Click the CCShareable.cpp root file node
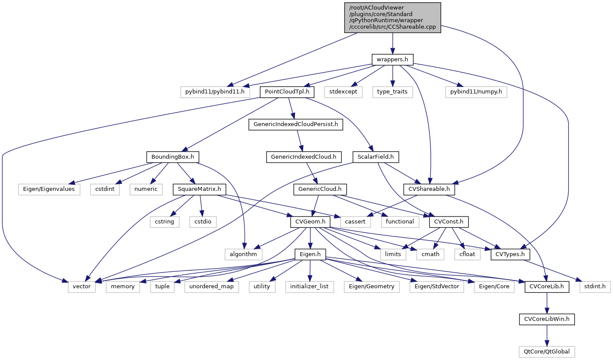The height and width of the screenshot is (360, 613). point(392,17)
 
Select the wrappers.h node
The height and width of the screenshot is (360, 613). point(392,59)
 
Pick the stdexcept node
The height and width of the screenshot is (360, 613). point(343,92)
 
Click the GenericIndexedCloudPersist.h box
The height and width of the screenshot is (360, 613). point(296,124)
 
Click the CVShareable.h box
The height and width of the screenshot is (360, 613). point(429,189)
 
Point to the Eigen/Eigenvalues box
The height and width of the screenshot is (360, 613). point(49,189)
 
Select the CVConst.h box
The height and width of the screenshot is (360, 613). point(449,222)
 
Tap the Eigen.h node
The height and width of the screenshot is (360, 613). point(310,254)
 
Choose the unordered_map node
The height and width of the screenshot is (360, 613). point(211,287)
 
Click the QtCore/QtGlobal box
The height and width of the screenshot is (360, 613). point(547,351)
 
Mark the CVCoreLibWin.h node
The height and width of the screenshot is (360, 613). point(547,319)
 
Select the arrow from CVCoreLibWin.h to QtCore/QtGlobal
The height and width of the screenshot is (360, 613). point(547,335)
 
